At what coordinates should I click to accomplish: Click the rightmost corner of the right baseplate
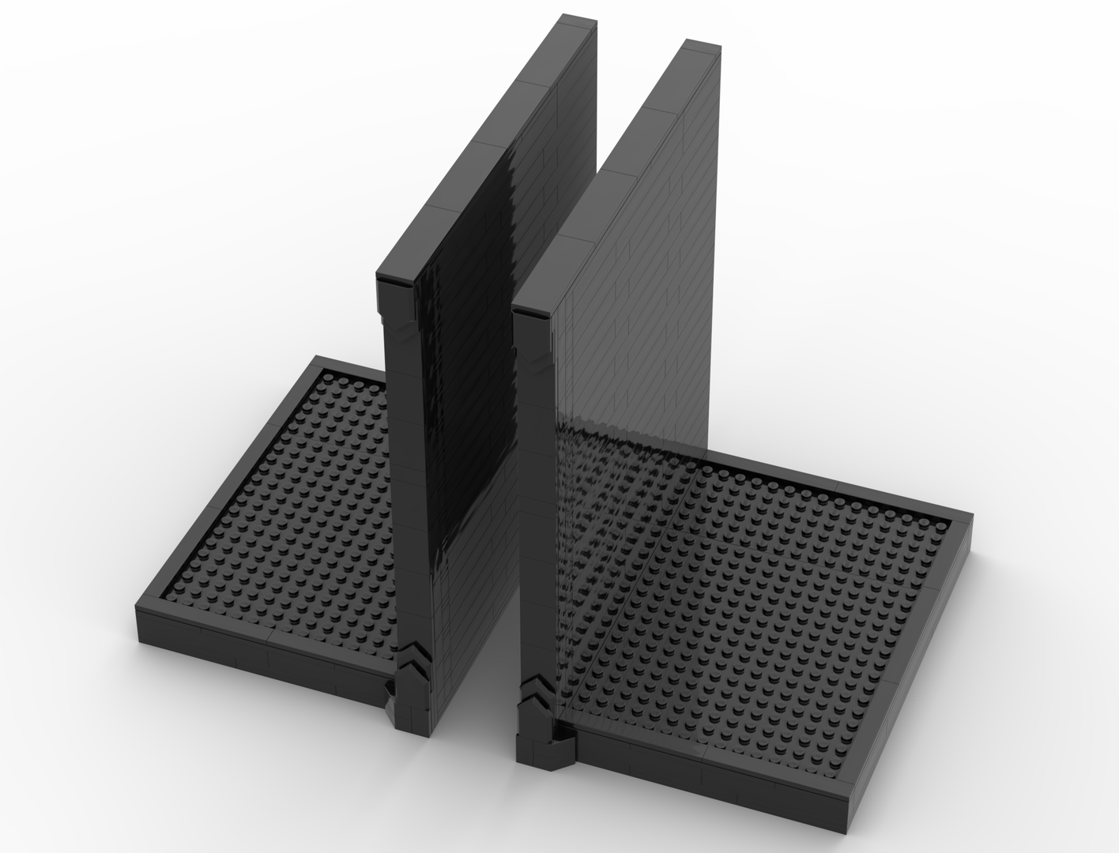[x=969, y=521]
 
